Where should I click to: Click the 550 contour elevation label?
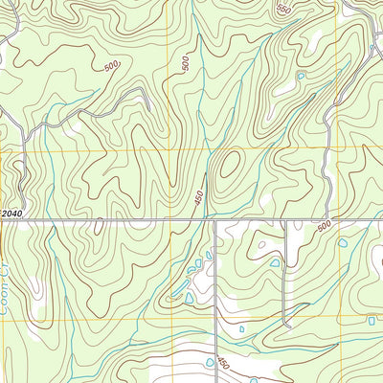(282, 10)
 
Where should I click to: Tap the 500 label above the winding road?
(112, 68)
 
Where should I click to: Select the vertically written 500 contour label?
(185, 63)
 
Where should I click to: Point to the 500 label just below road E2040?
(323, 225)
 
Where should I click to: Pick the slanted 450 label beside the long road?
(222, 363)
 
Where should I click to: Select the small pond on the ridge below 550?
(301, 75)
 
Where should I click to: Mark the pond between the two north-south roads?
(275, 262)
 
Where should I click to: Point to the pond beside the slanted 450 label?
(209, 363)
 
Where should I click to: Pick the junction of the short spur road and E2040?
(285, 221)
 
